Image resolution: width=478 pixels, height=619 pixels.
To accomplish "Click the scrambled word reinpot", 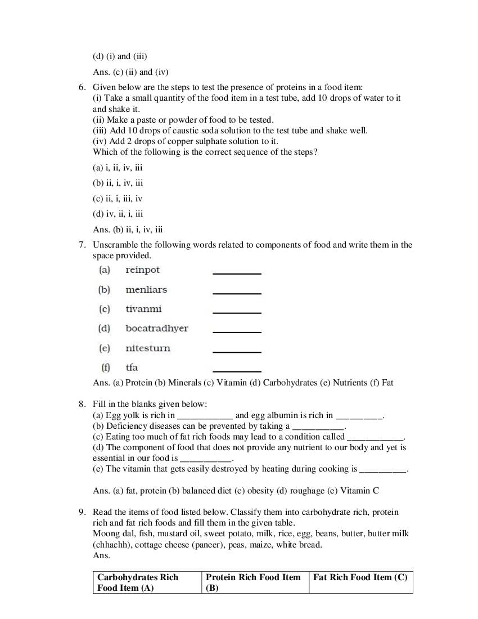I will [142, 270].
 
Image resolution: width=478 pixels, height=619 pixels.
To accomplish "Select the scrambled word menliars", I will [146, 290].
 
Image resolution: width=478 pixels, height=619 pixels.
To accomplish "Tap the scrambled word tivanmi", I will [143, 309].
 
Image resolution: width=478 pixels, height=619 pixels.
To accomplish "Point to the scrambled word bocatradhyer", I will [156, 329].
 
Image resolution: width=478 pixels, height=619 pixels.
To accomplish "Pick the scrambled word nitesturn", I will [147, 348].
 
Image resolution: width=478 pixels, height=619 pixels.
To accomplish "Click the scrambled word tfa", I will [132, 367].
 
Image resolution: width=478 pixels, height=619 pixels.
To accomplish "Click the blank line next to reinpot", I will [237, 273].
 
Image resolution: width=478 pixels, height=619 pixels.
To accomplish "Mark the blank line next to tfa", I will [237, 371].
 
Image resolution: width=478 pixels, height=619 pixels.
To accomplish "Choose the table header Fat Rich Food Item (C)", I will [360, 577].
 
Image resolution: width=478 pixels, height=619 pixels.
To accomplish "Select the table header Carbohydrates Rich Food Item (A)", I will [138, 582].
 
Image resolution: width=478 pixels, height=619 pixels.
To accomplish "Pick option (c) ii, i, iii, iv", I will [118, 199].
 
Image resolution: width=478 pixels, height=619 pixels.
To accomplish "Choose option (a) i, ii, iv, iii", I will [118, 168].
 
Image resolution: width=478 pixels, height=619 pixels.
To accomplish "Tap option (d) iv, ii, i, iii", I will [118, 214].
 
